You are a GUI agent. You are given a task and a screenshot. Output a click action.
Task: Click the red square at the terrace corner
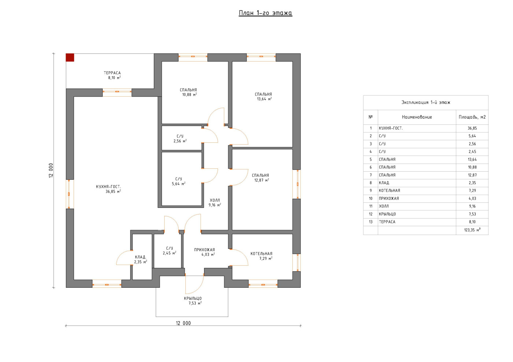coord(70,58)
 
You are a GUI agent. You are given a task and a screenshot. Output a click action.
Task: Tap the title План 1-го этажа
coord(265,13)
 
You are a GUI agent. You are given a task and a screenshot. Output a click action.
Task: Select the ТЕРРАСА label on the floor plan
coord(112,73)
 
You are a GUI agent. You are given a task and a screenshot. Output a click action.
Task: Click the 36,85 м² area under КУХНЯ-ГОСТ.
coord(113,191)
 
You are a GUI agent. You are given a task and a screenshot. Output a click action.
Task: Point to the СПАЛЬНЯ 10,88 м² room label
coord(188,92)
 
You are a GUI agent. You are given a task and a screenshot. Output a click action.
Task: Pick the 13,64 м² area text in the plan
coord(264,99)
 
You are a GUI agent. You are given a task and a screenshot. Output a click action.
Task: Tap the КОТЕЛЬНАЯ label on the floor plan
coord(261,254)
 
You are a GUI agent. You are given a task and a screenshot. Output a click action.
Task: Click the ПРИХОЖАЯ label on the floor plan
coord(204,250)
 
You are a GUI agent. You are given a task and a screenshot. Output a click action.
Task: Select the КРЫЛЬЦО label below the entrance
coord(193,298)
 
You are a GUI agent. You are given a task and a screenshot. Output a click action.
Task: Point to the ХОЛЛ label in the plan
coord(215,200)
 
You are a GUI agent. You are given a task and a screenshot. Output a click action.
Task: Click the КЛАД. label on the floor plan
coord(140,257)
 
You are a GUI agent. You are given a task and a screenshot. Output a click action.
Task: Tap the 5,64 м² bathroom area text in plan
coord(179,184)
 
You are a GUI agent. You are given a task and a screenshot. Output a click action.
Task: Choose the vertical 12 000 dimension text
coord(51,171)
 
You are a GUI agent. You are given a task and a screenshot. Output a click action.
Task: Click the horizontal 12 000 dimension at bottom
coord(183,323)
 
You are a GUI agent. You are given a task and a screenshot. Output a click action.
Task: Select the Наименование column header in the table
coord(417,117)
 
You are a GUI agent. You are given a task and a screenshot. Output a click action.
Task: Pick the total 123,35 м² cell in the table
coord(472,230)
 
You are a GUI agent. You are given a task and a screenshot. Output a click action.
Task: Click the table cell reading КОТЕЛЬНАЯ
coord(389,191)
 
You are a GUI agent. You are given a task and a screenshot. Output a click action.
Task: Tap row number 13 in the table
coord(370,222)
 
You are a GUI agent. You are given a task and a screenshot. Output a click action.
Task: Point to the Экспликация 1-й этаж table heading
coord(426,102)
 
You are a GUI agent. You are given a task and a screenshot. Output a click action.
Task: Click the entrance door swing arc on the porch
coord(198,289)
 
